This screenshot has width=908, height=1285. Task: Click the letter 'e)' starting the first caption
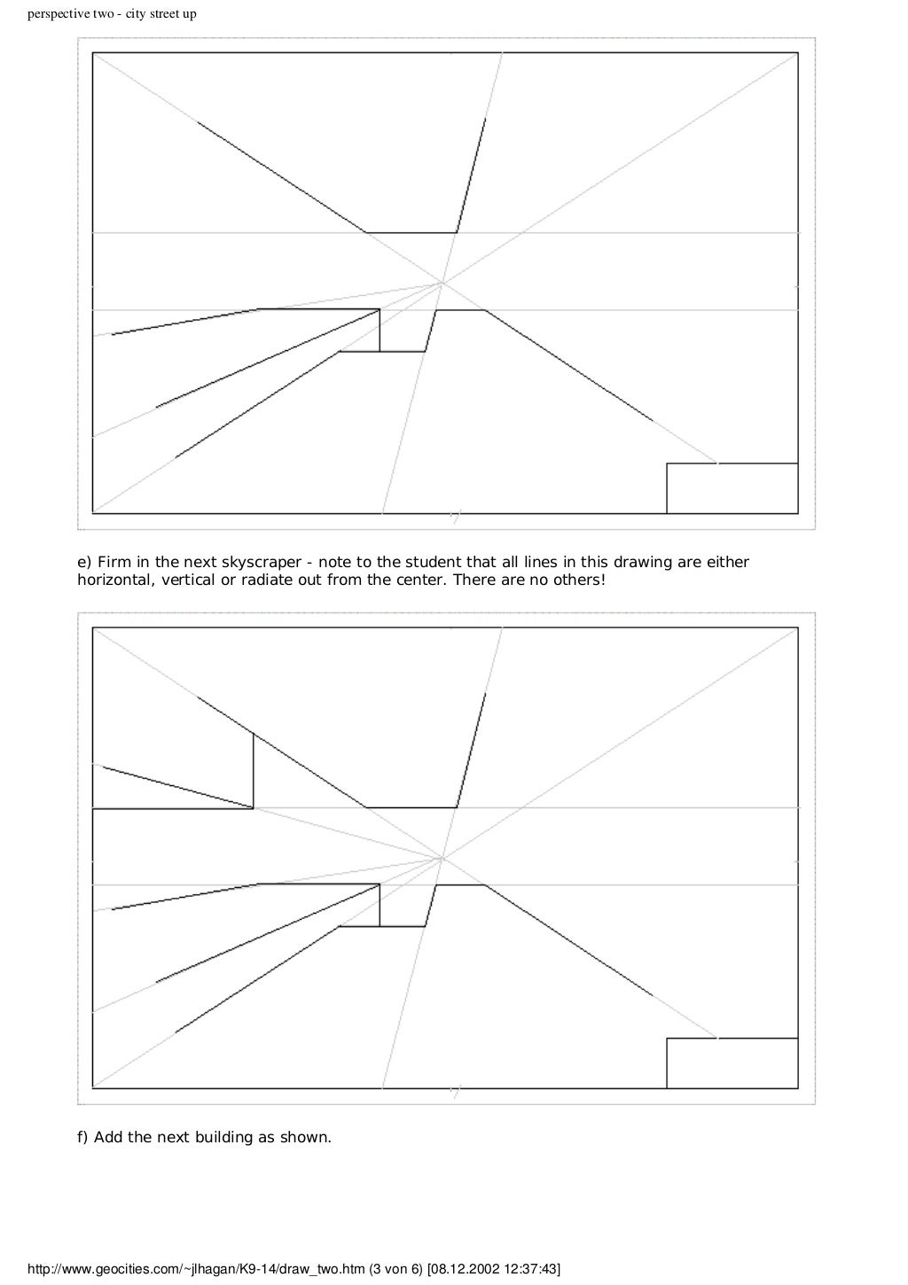pyautogui.click(x=84, y=563)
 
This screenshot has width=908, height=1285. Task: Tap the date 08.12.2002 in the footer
pyautogui.click(x=464, y=1270)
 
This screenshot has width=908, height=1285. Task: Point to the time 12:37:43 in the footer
pyautogui.click(x=528, y=1270)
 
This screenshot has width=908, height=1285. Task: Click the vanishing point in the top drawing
pyautogui.click(x=442, y=283)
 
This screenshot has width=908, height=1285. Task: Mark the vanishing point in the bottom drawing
pyautogui.click(x=442, y=858)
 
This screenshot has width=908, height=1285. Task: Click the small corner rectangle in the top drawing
pyautogui.click(x=732, y=487)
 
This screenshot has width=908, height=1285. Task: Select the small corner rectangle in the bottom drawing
pyautogui.click(x=732, y=1063)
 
